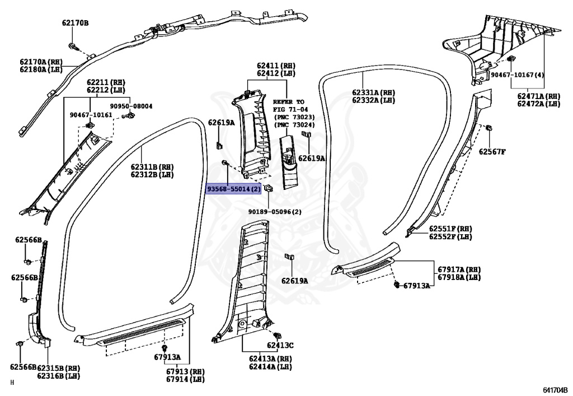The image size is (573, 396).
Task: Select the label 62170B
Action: (x=75, y=23)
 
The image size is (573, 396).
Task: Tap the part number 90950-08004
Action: (x=131, y=106)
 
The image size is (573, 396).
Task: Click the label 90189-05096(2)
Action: (x=275, y=211)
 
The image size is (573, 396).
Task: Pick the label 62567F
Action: (x=492, y=152)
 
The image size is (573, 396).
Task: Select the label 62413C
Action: (x=280, y=345)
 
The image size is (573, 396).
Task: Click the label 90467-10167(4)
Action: (x=518, y=74)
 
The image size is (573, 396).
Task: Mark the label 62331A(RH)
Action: (x=374, y=92)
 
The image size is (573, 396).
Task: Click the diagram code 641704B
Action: (x=555, y=389)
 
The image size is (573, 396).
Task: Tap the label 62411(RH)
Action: (x=276, y=66)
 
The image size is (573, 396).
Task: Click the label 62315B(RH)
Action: (x=59, y=368)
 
